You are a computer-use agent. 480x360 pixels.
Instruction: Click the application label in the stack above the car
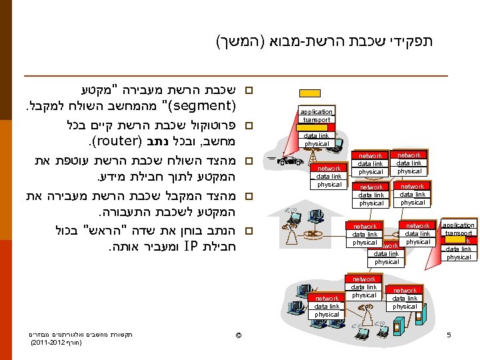point(316,111)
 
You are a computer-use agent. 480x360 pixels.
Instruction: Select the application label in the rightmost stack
point(459,225)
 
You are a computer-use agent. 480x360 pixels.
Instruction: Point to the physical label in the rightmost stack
point(459,257)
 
